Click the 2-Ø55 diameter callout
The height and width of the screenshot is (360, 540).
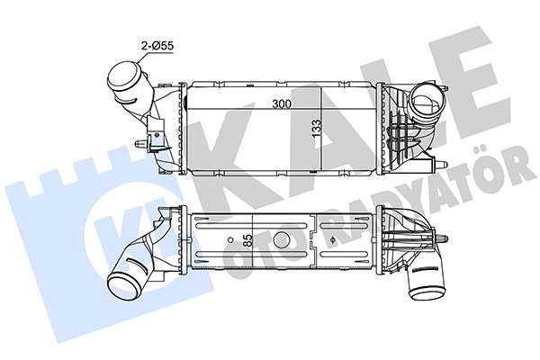click(x=149, y=43)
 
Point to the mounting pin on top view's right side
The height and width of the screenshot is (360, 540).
click(x=443, y=164)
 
